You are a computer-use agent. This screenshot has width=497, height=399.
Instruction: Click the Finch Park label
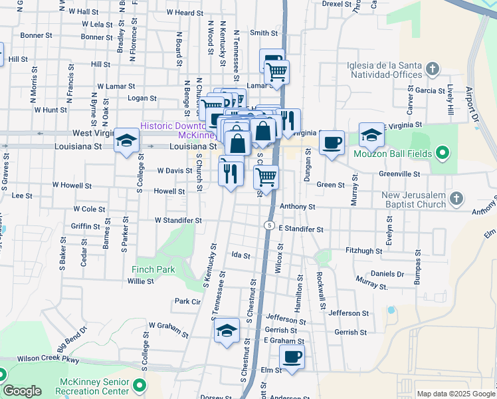[153, 270]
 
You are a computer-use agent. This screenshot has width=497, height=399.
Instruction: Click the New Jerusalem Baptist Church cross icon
[456, 198]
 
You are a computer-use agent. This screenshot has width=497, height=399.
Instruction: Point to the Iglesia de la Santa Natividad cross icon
[433, 68]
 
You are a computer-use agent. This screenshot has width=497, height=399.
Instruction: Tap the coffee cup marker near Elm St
[291, 356]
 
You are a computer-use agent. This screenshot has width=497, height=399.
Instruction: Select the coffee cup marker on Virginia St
[332, 142]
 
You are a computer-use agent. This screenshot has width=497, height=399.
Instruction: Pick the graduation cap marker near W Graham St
[227, 331]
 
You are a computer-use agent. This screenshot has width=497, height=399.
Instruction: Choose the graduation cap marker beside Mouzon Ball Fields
[372, 135]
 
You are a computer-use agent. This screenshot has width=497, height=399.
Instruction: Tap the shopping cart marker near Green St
[266, 177]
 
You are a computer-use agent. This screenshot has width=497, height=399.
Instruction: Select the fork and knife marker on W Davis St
[231, 174]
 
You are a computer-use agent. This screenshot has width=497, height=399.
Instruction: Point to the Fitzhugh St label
[365, 251]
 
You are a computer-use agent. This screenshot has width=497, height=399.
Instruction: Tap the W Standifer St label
[177, 220]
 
